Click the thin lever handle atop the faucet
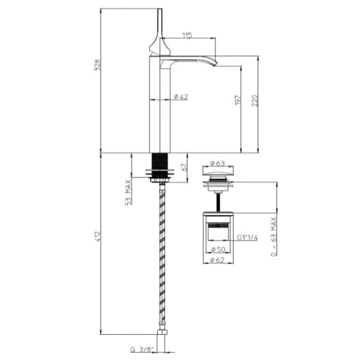pyautogui.click(x=160, y=24)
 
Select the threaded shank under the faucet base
pyautogui.click(x=160, y=163)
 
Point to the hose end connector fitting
pyautogui.click(x=160, y=334)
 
